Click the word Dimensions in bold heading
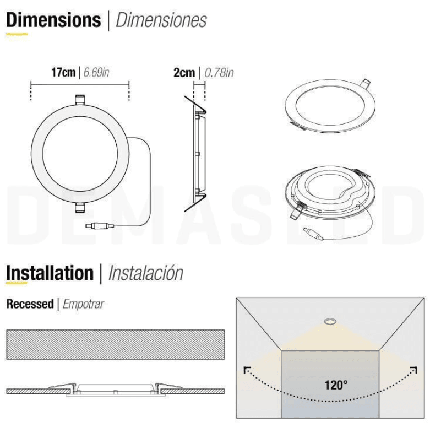tap(53, 20)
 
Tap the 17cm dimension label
tap(63, 72)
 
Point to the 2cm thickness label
tap(184, 72)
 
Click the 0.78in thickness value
tap(219, 72)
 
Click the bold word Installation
tap(50, 273)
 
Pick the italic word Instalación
tap(146, 273)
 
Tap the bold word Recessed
tap(30, 304)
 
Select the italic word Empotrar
tap(83, 304)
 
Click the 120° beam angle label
tap(335, 385)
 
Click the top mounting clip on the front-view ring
tap(80, 100)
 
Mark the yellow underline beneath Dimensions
tap(17, 34)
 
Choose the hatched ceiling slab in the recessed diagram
tap(115, 344)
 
